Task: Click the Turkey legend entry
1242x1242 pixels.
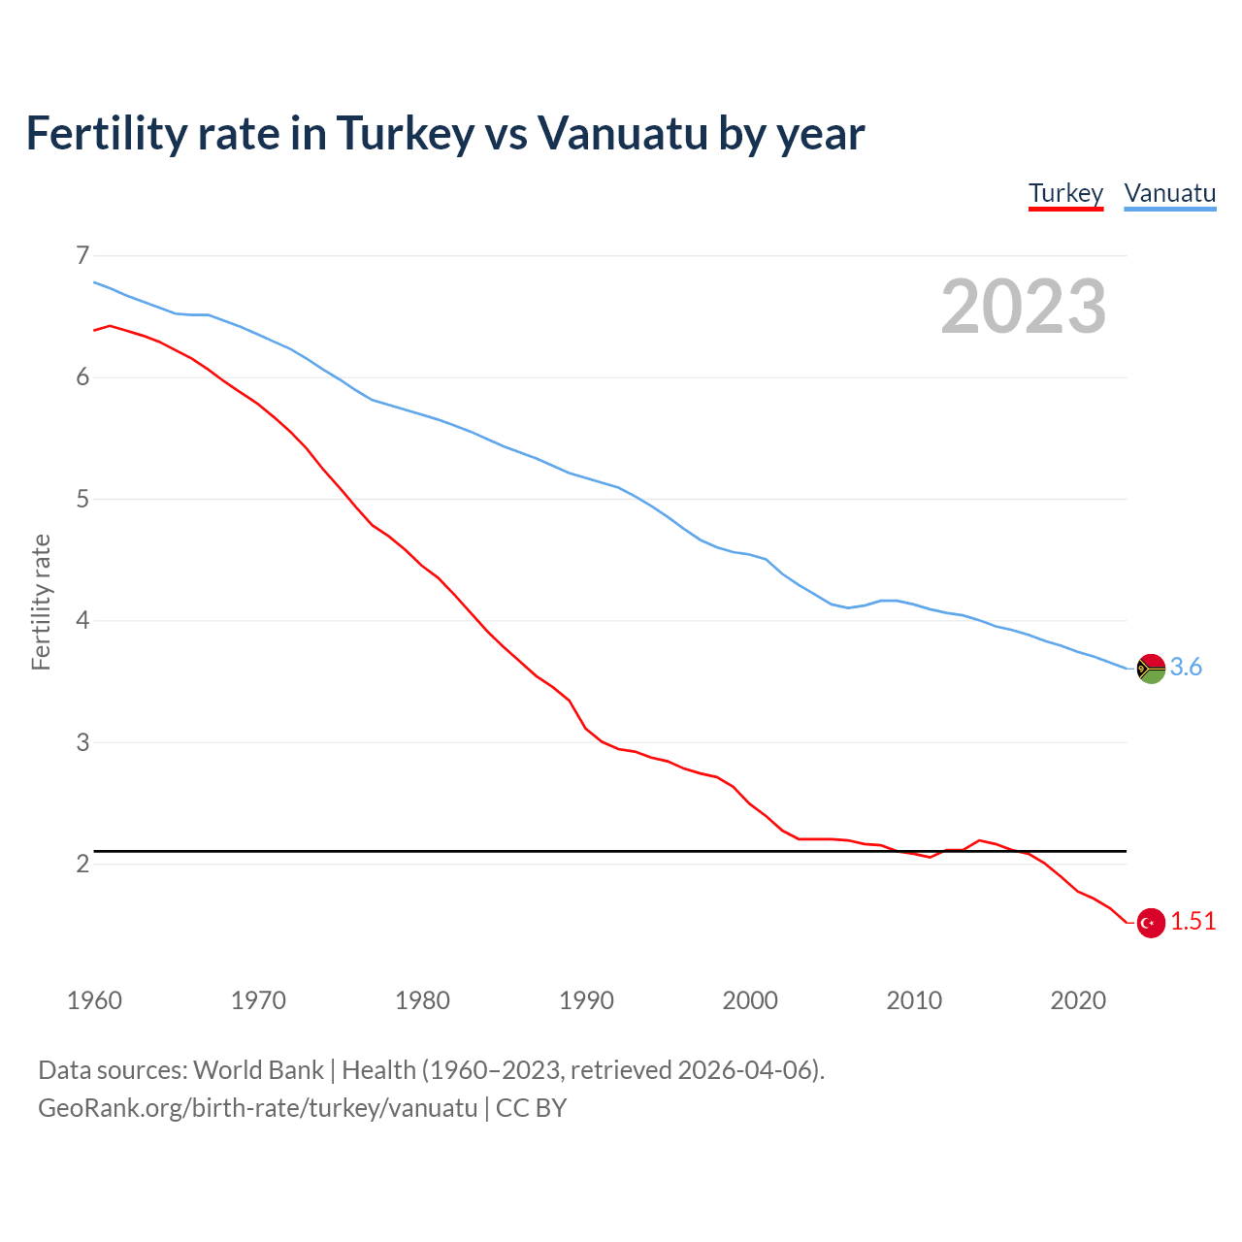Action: [1065, 193]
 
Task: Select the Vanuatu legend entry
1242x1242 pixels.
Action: [1169, 193]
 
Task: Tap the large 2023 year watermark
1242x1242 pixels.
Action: [1023, 307]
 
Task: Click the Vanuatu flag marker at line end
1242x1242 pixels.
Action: [1151, 669]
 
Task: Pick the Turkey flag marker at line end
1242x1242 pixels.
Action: [1151, 923]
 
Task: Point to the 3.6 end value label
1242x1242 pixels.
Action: [1186, 668]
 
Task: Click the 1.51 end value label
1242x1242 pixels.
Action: [1193, 922]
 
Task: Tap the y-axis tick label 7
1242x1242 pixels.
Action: [82, 256]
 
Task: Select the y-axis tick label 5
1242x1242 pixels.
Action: [82, 500]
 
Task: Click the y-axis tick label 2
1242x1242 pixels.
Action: [82, 865]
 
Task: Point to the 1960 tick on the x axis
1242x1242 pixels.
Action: [94, 1000]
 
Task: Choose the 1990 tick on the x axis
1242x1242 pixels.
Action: [586, 1000]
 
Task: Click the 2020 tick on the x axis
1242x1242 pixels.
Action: [1078, 1000]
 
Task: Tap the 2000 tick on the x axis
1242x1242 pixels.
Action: [750, 1000]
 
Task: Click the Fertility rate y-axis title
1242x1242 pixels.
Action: [41, 602]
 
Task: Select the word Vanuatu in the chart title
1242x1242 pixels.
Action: [622, 134]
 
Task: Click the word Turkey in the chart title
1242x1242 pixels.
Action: [406, 134]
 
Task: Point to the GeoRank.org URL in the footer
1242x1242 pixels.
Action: [257, 1108]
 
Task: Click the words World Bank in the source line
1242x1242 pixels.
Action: [258, 1070]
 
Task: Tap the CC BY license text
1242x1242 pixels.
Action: [531, 1108]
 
